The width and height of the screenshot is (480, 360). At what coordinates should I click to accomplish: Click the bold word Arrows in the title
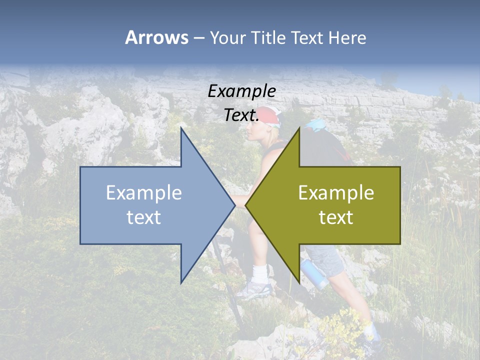coord(156,37)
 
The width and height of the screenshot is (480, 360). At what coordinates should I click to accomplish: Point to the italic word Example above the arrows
coord(241,91)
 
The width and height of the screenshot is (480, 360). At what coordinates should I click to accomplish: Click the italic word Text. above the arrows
coord(241,115)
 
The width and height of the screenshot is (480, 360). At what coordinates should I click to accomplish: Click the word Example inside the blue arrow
coord(144,193)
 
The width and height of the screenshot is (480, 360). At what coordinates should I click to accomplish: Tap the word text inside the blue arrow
coord(144,217)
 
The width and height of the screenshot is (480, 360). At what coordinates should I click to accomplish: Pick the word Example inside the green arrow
coord(336,193)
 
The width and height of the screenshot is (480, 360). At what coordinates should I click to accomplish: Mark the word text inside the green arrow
coord(336,217)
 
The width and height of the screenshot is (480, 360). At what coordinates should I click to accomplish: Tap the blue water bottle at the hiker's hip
coord(313,273)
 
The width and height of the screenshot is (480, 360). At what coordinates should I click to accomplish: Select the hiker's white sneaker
coord(255,290)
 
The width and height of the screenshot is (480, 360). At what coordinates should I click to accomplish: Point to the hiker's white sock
coord(259,273)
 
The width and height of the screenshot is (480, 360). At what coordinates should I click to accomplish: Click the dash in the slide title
coord(198,38)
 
